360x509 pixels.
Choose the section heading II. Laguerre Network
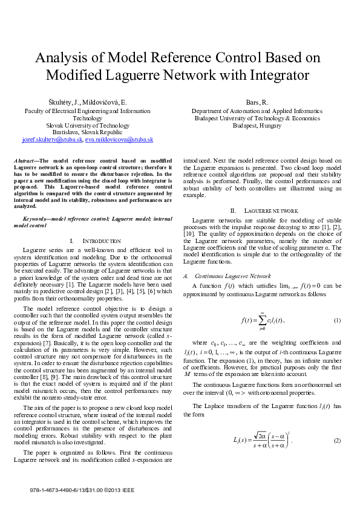point(252,209)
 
